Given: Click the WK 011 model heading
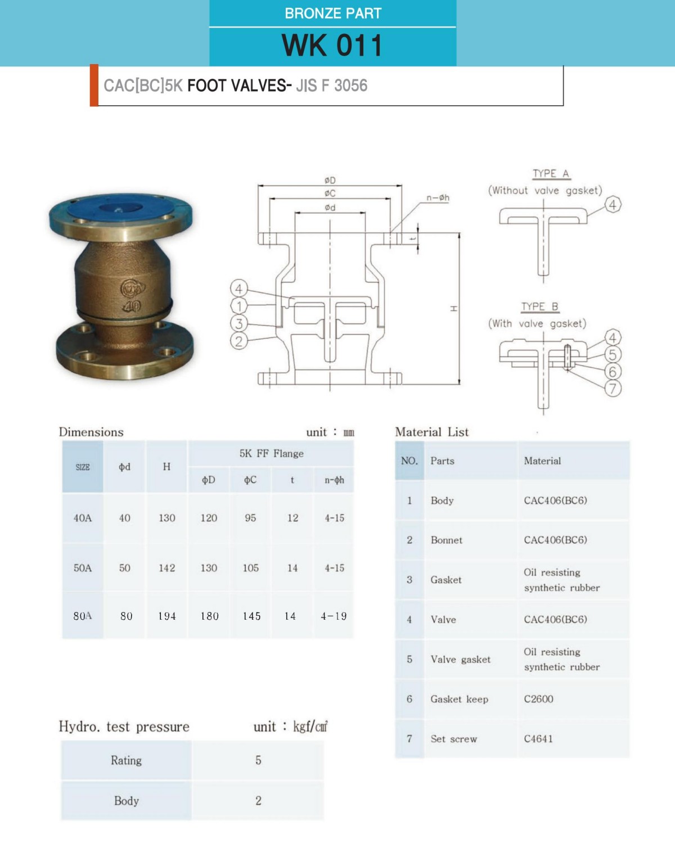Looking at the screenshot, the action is [332, 45].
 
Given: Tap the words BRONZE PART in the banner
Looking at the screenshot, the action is [333, 13].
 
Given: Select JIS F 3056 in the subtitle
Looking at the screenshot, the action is [331, 85].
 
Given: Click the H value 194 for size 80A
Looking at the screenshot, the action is [166, 616].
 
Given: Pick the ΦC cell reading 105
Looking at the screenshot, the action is [250, 568].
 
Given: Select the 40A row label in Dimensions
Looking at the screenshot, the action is [82, 518].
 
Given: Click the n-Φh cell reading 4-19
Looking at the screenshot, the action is [334, 616].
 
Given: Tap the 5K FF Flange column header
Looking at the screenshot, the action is [271, 453].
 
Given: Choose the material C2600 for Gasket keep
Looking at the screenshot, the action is [538, 698].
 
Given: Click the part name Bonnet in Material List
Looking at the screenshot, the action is [447, 540].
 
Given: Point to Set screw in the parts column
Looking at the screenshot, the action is [453, 738].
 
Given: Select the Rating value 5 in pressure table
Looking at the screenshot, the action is [258, 760].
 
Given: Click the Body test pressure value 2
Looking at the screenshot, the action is [258, 800].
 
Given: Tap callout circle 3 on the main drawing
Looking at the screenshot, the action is [239, 323].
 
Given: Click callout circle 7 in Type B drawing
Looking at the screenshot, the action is [613, 388].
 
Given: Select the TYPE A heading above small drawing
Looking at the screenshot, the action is [551, 174].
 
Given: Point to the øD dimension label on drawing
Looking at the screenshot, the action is [330, 181].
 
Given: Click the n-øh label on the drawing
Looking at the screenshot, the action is [438, 197].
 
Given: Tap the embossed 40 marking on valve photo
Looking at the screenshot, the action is [133, 306].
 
